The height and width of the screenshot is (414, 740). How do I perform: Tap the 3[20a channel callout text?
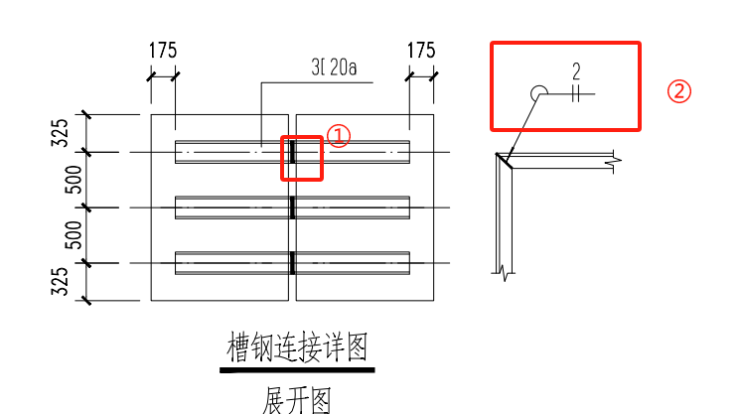click(x=333, y=69)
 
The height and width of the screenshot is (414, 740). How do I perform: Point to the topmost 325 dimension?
click(x=62, y=132)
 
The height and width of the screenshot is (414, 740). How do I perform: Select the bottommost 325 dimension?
click(x=62, y=281)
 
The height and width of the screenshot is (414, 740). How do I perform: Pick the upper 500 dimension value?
click(x=62, y=180)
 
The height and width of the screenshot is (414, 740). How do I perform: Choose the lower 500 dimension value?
click(x=62, y=235)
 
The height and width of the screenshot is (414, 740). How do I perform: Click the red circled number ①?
click(x=339, y=137)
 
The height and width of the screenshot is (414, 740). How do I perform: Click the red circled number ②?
click(x=678, y=91)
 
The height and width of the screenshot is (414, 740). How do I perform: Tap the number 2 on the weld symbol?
click(x=575, y=71)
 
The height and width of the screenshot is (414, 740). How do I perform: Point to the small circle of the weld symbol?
click(x=538, y=93)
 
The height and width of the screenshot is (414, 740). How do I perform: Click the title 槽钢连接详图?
click(x=298, y=348)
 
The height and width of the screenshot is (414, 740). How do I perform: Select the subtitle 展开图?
click(x=296, y=400)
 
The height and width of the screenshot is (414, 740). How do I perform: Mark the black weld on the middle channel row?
click(x=292, y=207)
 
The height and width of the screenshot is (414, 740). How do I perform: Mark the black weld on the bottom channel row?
click(x=292, y=263)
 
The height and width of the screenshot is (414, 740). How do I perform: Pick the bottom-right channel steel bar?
click(x=353, y=263)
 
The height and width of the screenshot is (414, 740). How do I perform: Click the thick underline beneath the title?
click(x=298, y=371)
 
